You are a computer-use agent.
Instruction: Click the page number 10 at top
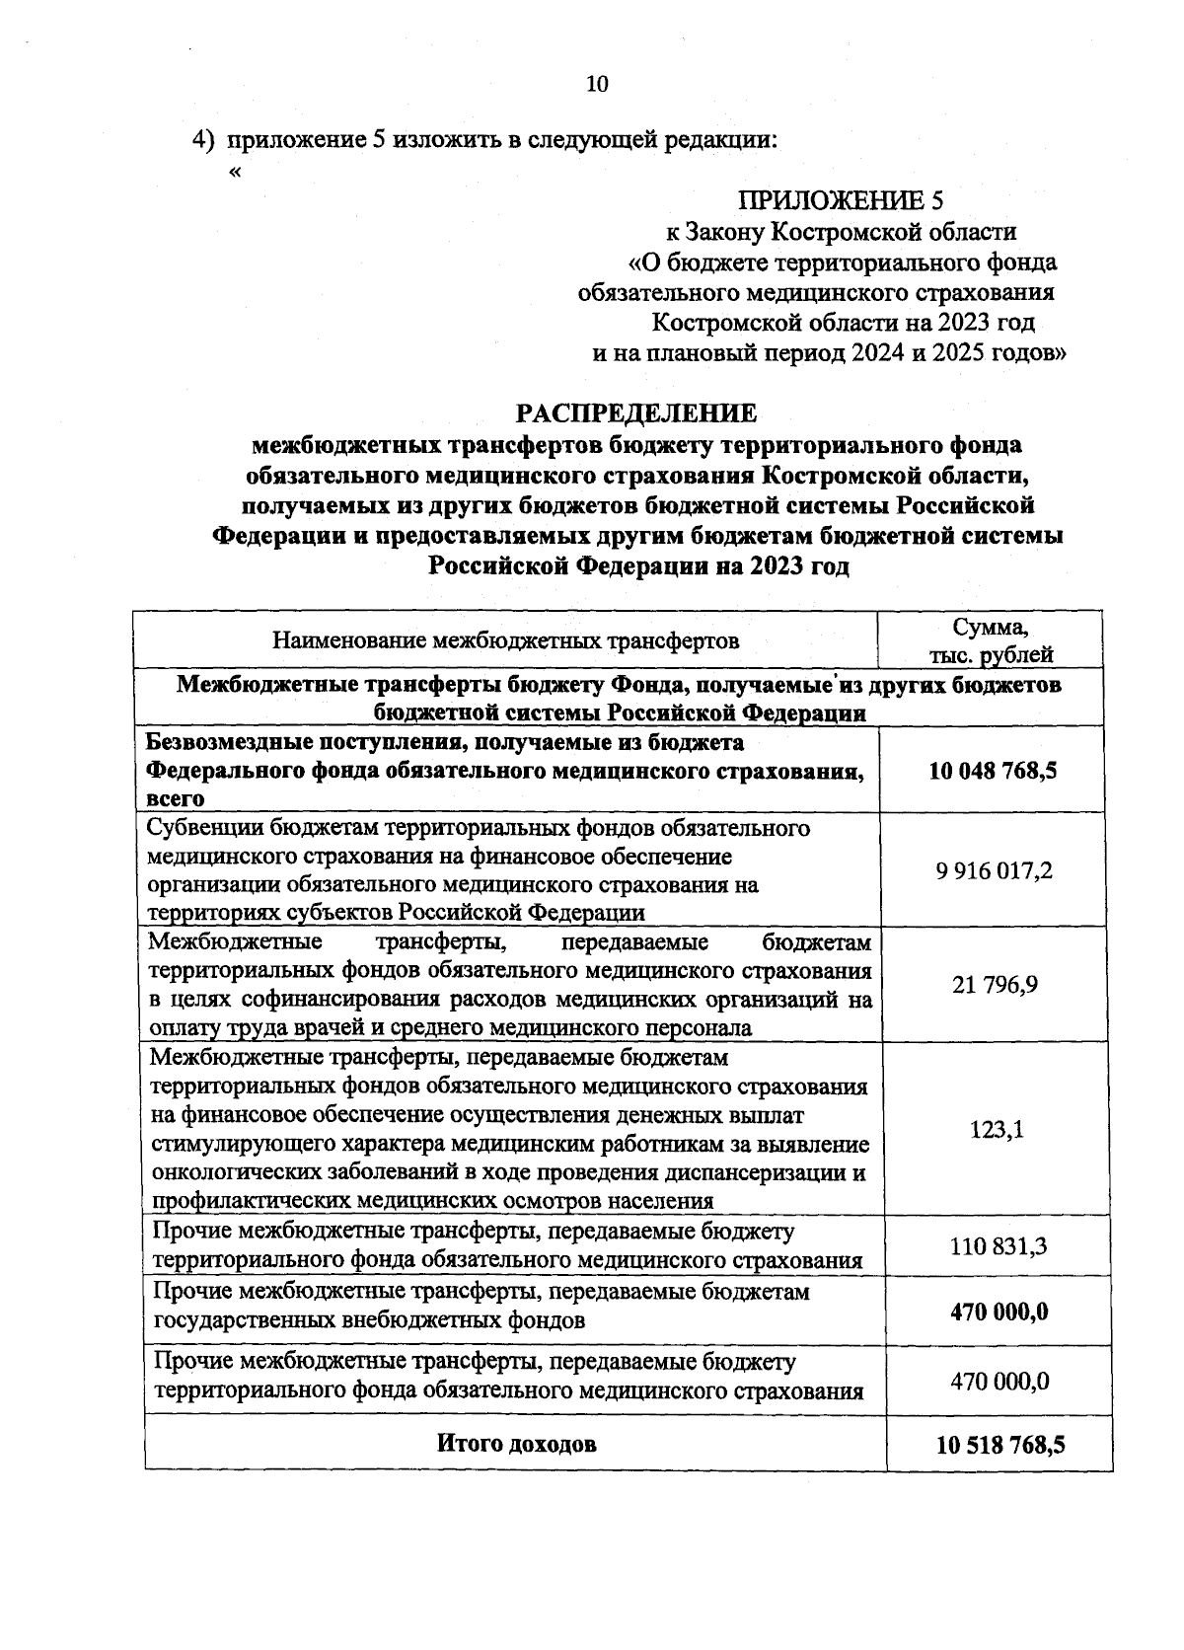(x=598, y=84)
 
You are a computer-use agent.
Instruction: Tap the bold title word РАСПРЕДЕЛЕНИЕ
(x=638, y=412)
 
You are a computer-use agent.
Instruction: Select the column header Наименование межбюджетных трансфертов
(x=506, y=642)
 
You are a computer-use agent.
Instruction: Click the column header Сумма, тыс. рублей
(x=991, y=641)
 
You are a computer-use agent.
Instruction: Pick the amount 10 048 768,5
(x=993, y=771)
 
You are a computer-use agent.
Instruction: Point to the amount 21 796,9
(x=995, y=985)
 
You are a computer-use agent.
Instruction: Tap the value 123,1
(x=998, y=1130)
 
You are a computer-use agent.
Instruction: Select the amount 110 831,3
(x=999, y=1246)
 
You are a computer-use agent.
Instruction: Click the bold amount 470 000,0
(x=999, y=1312)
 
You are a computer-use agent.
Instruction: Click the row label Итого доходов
(x=517, y=1444)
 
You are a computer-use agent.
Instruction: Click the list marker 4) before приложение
(x=203, y=140)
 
